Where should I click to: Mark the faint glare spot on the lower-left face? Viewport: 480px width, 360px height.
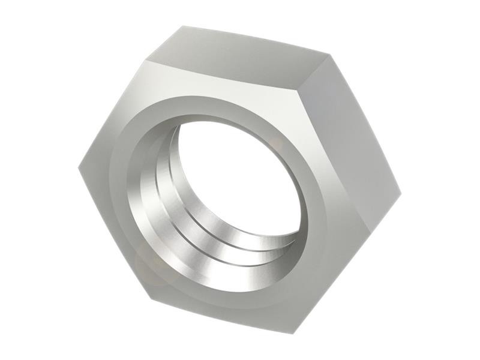click(147, 264)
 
